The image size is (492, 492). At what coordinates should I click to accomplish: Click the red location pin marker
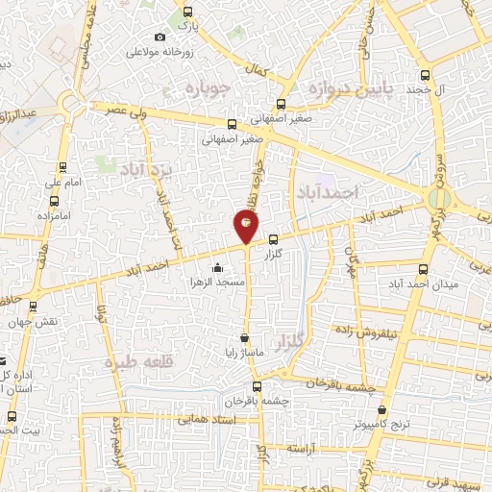247,225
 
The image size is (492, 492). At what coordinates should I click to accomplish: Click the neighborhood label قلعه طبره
141,362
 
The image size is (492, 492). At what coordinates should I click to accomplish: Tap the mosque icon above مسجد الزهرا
220,268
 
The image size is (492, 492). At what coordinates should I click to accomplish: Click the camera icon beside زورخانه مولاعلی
160,37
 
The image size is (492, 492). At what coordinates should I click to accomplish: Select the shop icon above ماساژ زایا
246,337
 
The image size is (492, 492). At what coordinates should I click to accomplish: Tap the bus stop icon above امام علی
53,165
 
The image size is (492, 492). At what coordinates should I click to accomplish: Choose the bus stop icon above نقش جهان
35,307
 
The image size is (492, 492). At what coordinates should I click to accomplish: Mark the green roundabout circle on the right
440,198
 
